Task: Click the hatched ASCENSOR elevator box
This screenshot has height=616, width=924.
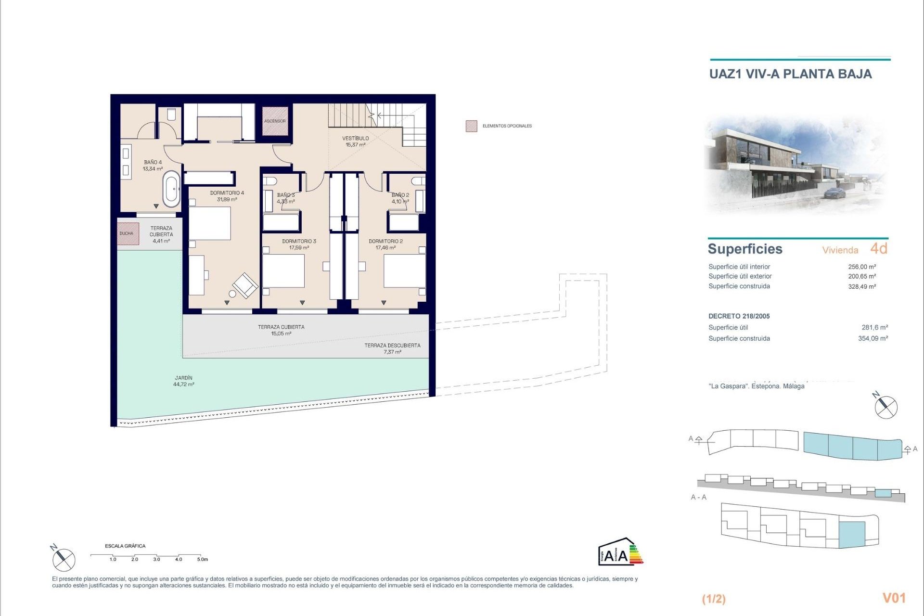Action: tap(275, 121)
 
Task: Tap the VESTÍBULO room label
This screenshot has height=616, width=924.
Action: tap(356, 141)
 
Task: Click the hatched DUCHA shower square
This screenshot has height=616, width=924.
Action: tap(128, 233)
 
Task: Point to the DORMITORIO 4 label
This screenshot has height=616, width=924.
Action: tap(227, 196)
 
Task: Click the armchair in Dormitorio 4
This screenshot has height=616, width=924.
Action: tap(246, 285)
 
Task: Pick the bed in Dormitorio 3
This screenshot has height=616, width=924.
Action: tap(283, 270)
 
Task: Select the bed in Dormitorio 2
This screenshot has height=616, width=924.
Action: tap(404, 270)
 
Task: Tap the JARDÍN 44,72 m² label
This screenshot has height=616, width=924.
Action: tap(184, 381)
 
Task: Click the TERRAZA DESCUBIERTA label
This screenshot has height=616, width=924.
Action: tap(392, 348)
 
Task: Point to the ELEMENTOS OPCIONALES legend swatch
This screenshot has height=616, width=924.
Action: tap(471, 126)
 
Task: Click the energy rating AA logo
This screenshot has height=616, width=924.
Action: tap(620, 552)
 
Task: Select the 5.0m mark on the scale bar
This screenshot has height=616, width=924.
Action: tap(202, 559)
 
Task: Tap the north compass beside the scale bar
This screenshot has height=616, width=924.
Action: tap(63, 559)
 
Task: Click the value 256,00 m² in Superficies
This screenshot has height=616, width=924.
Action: tap(861, 267)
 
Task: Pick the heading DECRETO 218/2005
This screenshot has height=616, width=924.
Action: tap(739, 316)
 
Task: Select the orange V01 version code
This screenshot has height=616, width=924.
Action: tap(894, 598)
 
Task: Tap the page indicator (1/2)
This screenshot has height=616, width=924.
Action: tap(714, 599)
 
